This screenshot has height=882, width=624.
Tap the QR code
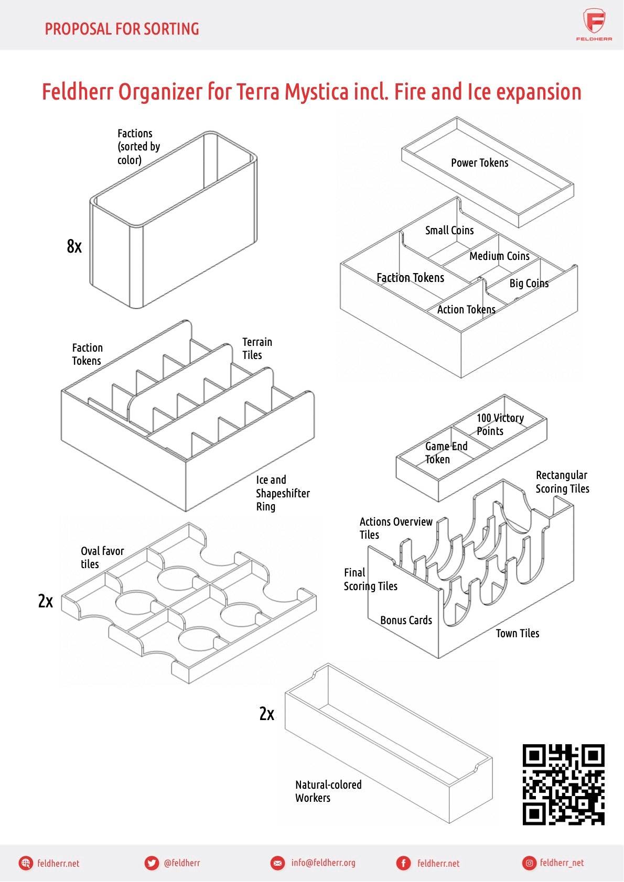pos(563,784)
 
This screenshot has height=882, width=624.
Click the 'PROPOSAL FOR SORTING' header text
pos(122,29)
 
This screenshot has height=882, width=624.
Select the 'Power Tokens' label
pos(479,163)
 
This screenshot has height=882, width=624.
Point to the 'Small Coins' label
pos(449,231)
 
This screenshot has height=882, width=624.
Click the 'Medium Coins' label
pos(499,256)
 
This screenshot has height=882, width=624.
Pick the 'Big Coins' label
pos(529,284)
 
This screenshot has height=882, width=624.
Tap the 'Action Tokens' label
pos(466,310)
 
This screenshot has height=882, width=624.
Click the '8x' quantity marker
pos(74,246)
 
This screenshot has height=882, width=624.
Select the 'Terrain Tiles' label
pos(257,349)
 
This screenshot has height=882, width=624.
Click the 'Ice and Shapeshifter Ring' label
pos(282,493)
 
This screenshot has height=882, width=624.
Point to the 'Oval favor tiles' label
pos(102,558)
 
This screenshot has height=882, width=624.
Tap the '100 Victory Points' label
pos(500,424)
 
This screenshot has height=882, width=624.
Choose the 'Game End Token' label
pos(446,453)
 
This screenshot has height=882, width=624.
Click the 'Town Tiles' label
pos(517,634)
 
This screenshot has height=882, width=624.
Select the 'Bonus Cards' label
pos(406,620)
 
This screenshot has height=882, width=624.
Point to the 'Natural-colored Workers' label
pos(328,791)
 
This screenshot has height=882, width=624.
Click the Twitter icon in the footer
pos(152,863)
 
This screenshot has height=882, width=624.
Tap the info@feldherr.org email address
pos(323,863)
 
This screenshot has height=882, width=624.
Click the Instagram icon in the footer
pos(530,863)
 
